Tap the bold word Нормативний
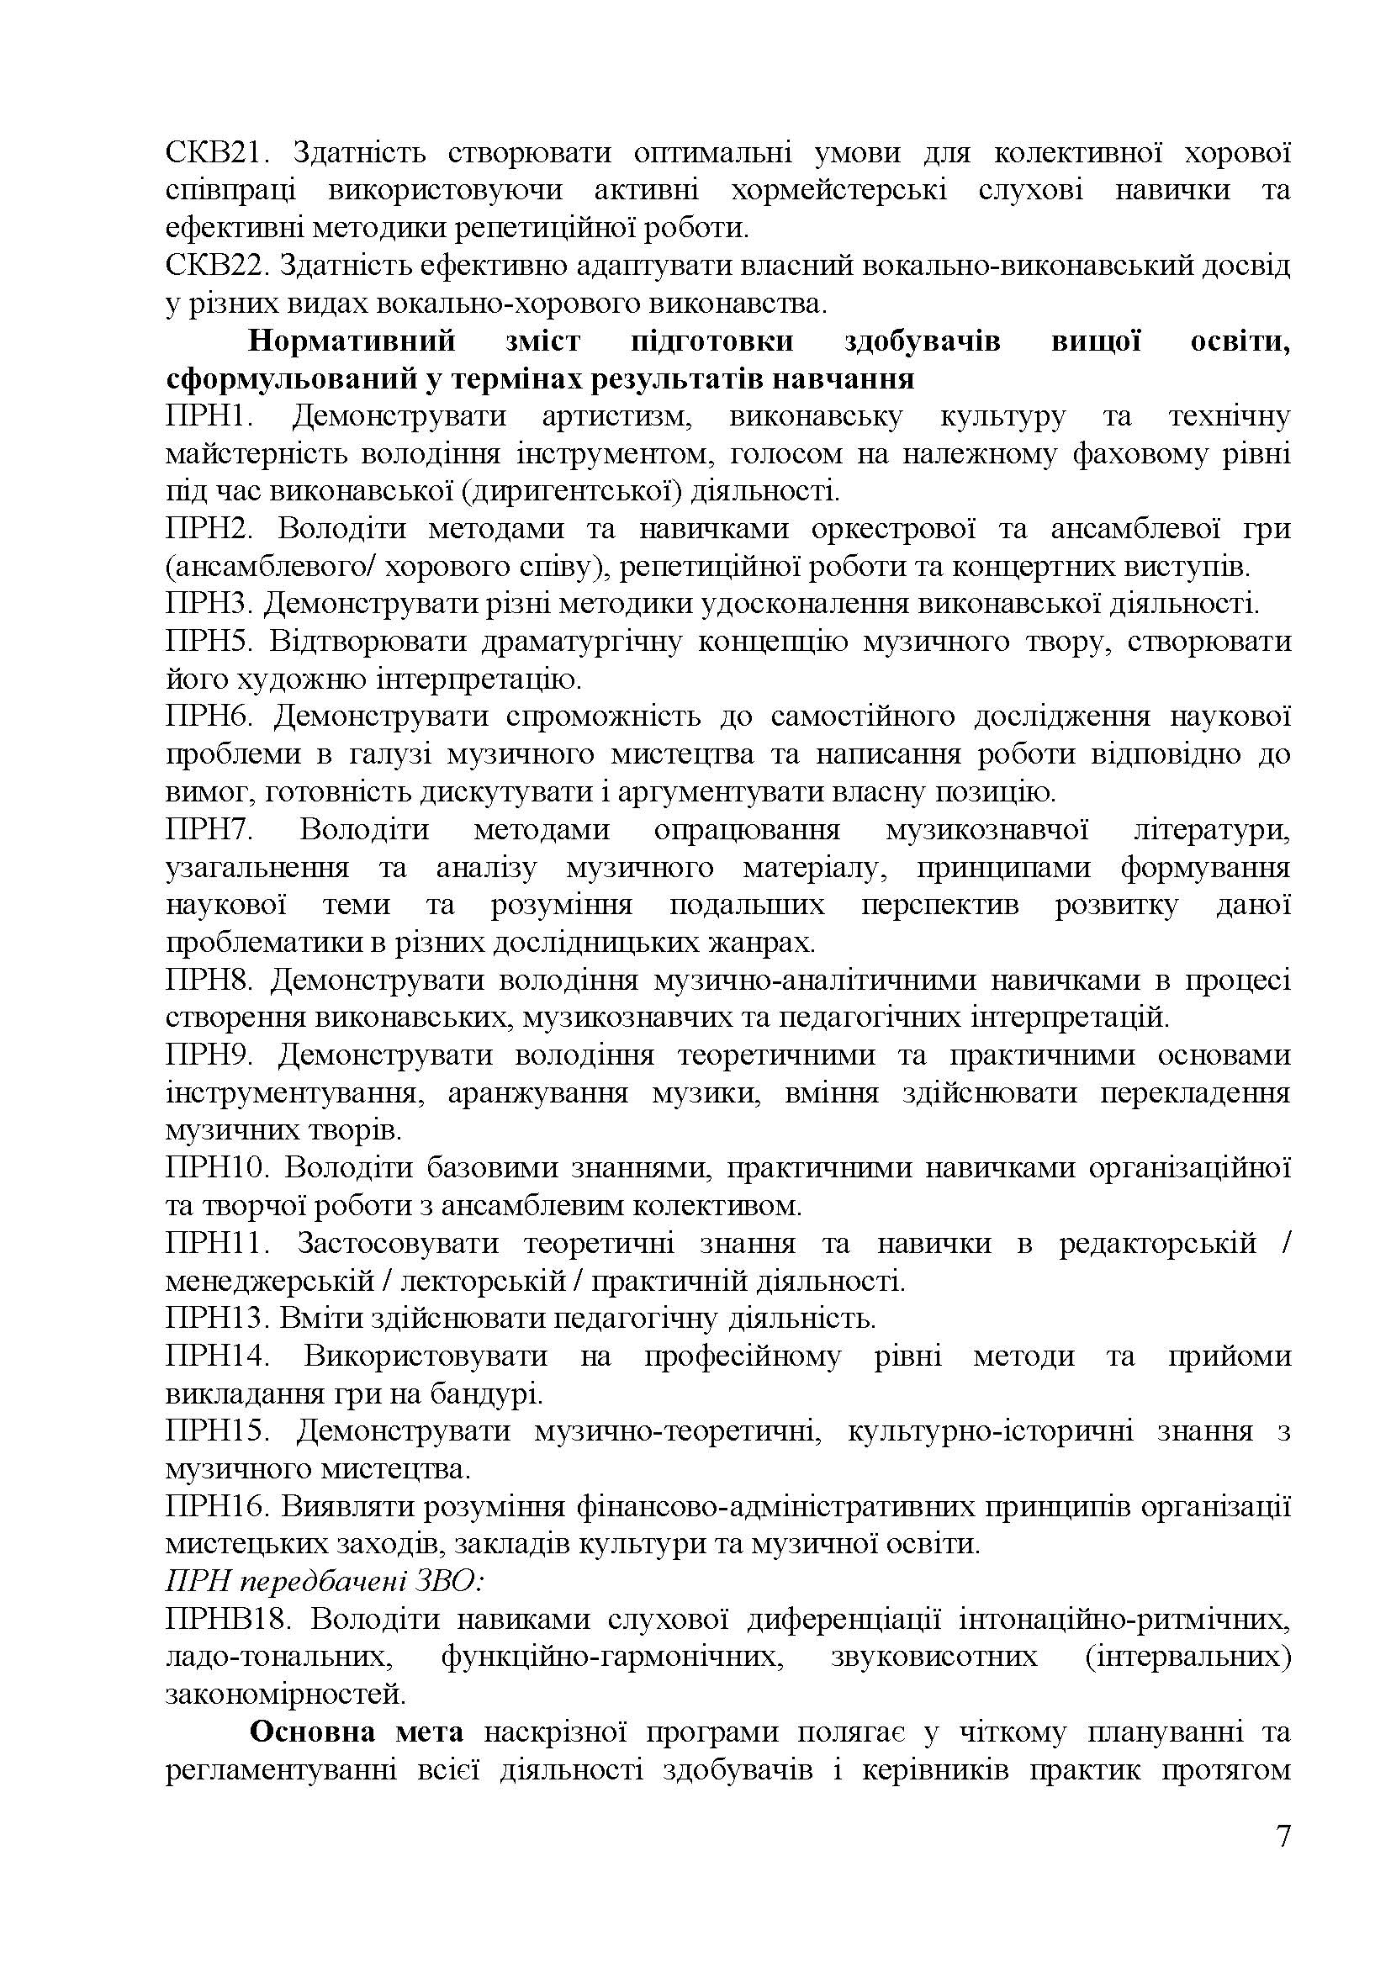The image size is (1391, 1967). (352, 341)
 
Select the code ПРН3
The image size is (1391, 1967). (209, 605)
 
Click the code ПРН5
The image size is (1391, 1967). (209, 642)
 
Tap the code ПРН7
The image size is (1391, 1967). (210, 830)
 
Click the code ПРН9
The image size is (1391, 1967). (210, 1055)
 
